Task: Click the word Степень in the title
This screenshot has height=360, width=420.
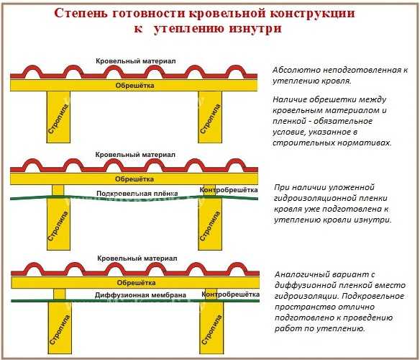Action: pyautogui.click(x=80, y=13)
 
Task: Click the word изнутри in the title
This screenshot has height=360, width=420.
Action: pyautogui.click(x=255, y=28)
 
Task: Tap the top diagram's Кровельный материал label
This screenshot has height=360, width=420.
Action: pyautogui.click(x=136, y=61)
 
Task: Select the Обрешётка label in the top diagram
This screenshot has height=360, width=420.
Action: pyautogui.click(x=134, y=85)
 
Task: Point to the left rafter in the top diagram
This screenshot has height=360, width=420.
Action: pyautogui.click(x=58, y=117)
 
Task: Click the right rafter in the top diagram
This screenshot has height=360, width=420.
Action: pyautogui.click(x=210, y=117)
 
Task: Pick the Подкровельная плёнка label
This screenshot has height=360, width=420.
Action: pyautogui.click(x=137, y=194)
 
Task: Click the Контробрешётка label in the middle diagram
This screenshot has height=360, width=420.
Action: pyautogui.click(x=229, y=190)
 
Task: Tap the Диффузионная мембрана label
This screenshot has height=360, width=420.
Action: pyautogui.click(x=140, y=294)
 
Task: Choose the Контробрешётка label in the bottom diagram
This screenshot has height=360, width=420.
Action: pyautogui.click(x=230, y=294)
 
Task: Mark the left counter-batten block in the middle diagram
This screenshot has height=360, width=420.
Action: pyautogui.click(x=58, y=190)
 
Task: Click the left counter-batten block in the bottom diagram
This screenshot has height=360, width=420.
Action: pyautogui.click(x=59, y=294)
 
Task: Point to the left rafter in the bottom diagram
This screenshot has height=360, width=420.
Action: pyautogui.click(x=60, y=328)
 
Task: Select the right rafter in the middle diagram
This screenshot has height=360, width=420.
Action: pyautogui.click(x=210, y=224)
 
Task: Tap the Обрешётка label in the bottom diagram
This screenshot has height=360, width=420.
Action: pyautogui.click(x=136, y=282)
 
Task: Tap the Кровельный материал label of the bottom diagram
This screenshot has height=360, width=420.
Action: pyautogui.click(x=137, y=258)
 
